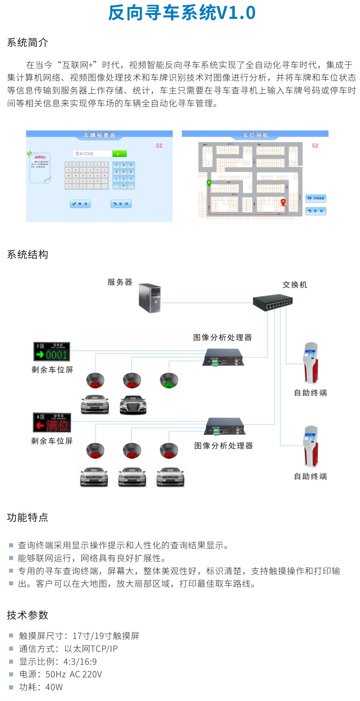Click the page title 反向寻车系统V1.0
click(181, 13)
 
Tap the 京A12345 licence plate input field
click(92, 154)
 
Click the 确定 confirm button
click(80, 204)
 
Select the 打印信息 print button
click(316, 198)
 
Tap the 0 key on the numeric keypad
click(124, 186)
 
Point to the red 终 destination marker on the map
click(283, 202)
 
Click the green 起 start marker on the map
click(209, 182)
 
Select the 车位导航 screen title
click(255, 135)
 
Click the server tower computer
click(150, 298)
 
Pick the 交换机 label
click(295, 285)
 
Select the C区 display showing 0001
click(52, 352)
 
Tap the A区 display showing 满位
click(52, 422)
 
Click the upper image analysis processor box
click(223, 357)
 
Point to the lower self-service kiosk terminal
click(311, 446)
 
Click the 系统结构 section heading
click(28, 255)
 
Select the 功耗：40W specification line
click(41, 687)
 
